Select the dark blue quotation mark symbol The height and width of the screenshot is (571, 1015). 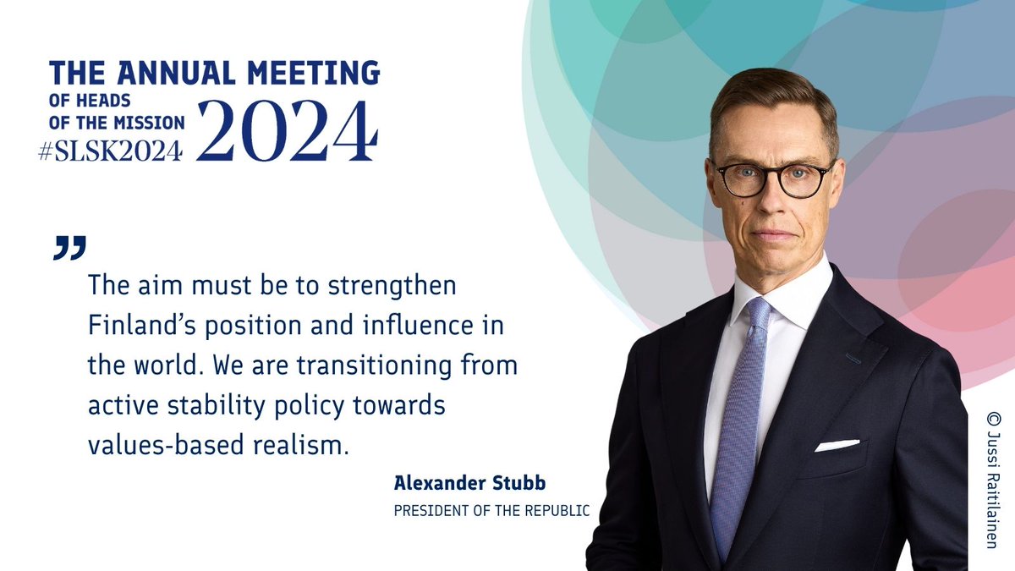pos(70,246)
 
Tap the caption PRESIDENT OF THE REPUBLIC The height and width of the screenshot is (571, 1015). pos(491,510)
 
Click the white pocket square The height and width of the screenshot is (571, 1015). pos(837,445)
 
